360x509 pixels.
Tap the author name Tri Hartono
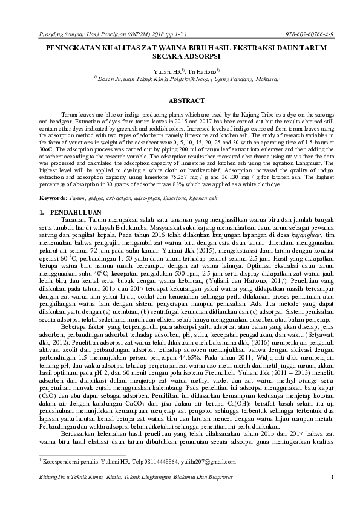pos(200,71)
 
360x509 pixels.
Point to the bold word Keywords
pos(53,198)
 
